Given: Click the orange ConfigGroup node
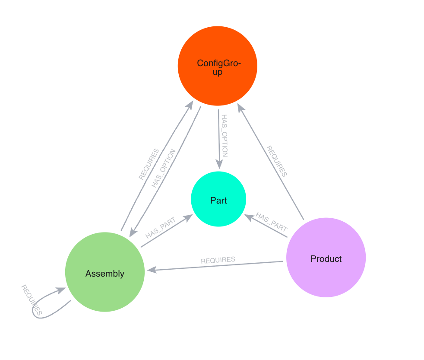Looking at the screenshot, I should pos(217,66).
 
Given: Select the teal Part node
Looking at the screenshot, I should pos(218,199).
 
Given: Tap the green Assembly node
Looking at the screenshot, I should pos(105,272).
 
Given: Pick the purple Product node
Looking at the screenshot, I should pos(326,258).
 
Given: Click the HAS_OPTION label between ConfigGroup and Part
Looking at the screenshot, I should pos(224,135).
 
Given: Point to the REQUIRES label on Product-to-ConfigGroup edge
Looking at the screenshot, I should pos(276,161).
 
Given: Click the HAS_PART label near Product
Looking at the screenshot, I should pos(272,221).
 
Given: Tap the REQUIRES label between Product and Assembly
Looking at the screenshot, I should pos(218,260).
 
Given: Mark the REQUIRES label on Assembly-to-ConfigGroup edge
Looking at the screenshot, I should pos(149,164).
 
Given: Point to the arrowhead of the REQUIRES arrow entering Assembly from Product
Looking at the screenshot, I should pos(151,270).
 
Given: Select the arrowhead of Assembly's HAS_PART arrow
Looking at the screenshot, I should pos(189,217).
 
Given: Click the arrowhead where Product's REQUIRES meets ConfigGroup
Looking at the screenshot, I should pos(241,107).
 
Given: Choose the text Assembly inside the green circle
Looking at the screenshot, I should pos(105,274).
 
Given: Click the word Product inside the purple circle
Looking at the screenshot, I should pos(326,259).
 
